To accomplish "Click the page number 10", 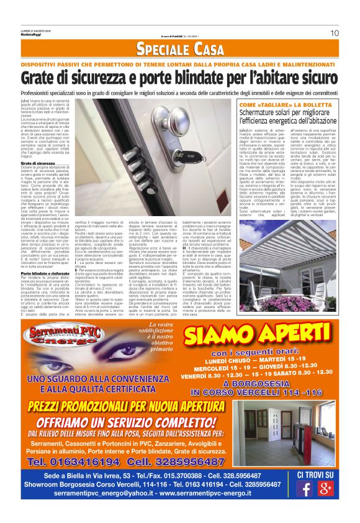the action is [334, 33].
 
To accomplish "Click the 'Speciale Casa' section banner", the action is [179, 49].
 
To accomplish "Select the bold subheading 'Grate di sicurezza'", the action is [37, 163].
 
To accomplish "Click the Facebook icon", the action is [304, 488].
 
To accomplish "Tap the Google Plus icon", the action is [325, 488].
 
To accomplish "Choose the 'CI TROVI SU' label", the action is [315, 475].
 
